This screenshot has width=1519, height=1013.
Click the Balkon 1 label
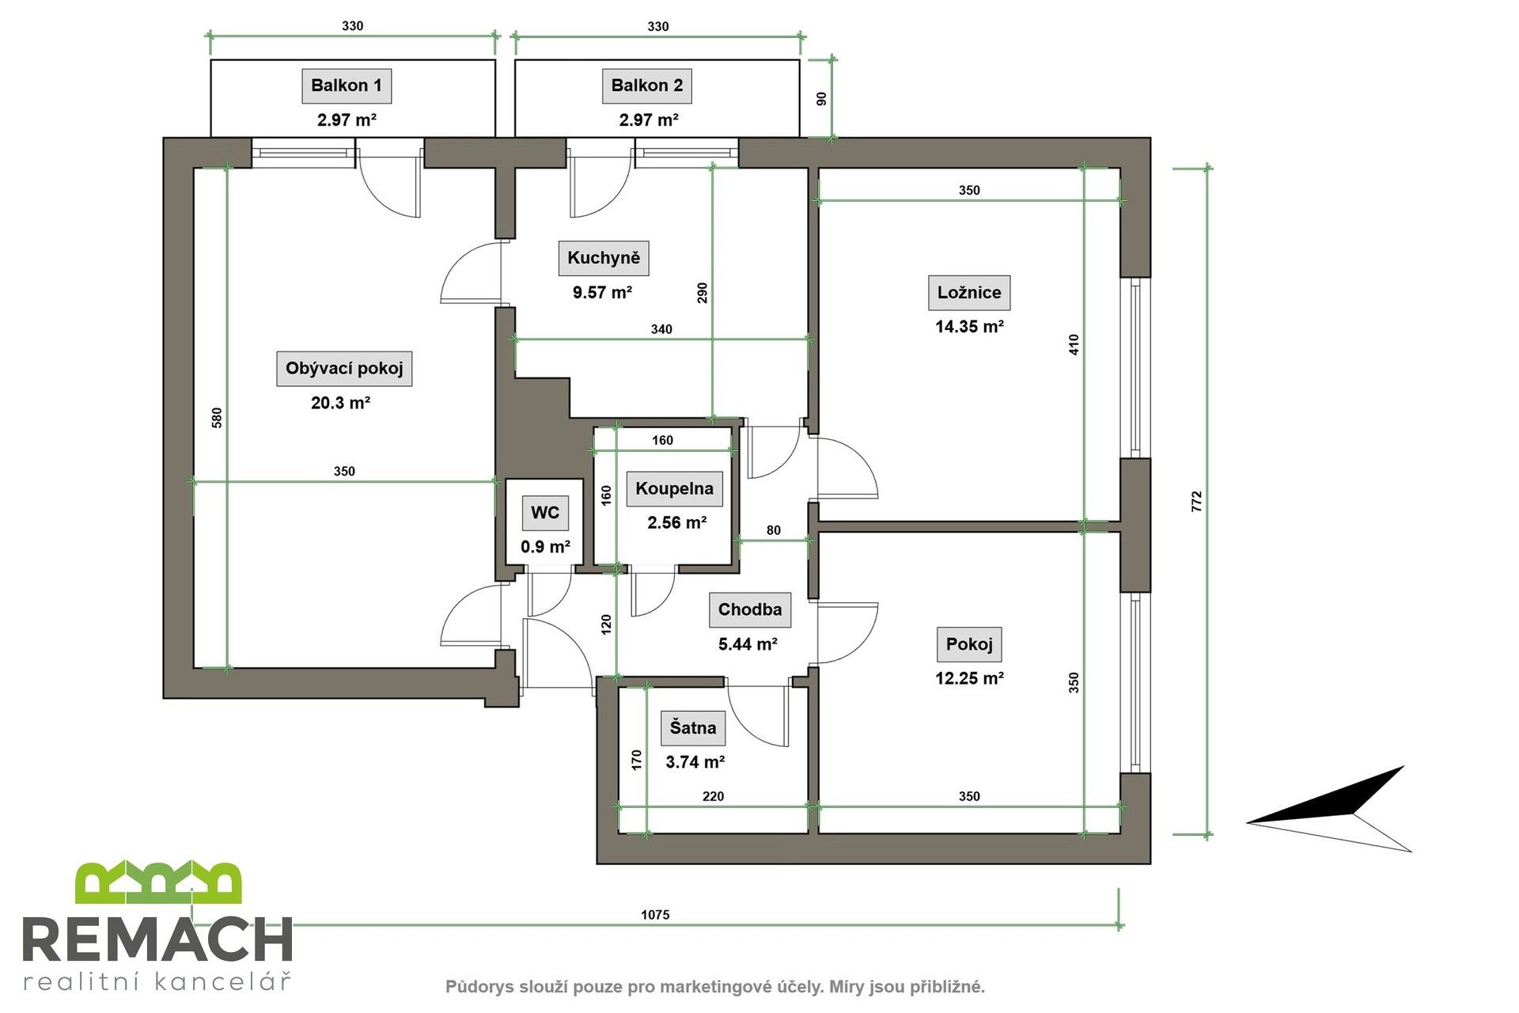(346, 85)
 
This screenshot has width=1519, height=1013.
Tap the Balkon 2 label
(646, 85)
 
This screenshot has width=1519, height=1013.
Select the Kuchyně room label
(603, 258)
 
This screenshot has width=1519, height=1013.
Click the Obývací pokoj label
(344, 369)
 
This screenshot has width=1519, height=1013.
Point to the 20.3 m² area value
(340, 403)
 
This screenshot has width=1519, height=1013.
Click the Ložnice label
(968, 293)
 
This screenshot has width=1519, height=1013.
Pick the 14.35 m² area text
(968, 327)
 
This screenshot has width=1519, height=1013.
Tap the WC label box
(545, 513)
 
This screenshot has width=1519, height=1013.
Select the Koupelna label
(674, 489)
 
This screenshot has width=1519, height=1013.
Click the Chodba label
(749, 610)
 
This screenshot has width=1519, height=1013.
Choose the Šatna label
(692, 728)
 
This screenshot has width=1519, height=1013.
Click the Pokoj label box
(968, 645)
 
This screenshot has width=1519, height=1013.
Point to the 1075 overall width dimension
(654, 915)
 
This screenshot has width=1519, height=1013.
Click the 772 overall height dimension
(1196, 502)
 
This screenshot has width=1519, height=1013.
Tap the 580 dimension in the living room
(217, 418)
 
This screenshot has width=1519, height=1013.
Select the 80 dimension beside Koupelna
(773, 530)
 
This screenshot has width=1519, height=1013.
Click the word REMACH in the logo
(158, 941)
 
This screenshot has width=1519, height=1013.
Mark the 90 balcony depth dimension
(821, 99)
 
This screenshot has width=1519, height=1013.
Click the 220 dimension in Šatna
(712, 797)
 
